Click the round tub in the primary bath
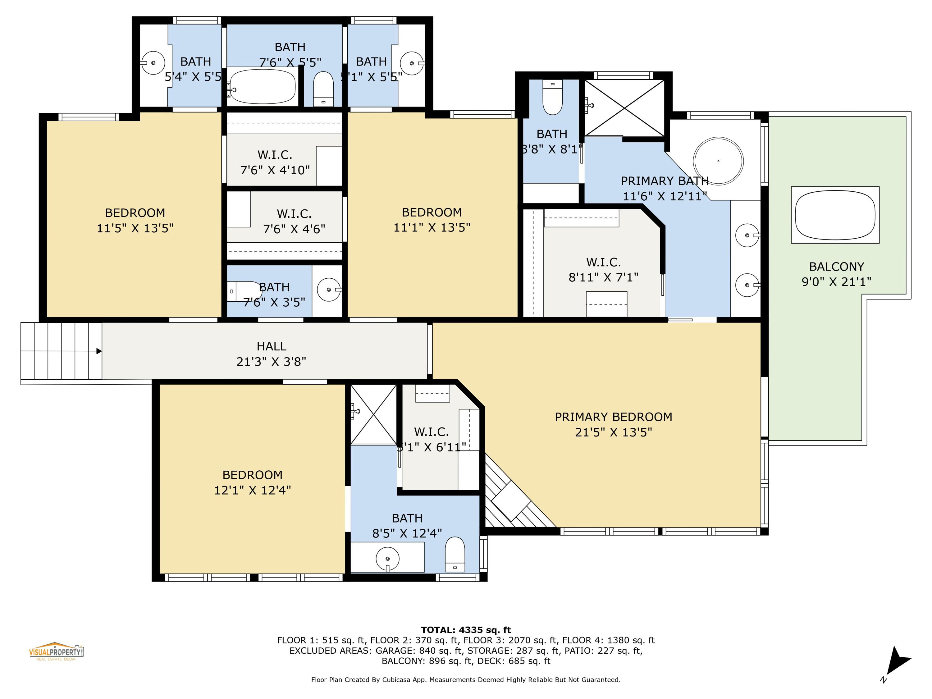click(x=718, y=161)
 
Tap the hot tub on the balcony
click(x=835, y=215)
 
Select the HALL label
click(x=271, y=346)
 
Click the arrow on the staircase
click(x=98, y=351)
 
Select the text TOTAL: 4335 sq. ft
click(x=466, y=630)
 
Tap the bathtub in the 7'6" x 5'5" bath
click(x=262, y=86)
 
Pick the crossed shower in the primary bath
click(x=624, y=108)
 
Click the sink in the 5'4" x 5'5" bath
click(x=153, y=63)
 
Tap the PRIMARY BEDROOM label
click(x=613, y=417)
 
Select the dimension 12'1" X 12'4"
click(x=252, y=490)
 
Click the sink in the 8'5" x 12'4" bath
click(x=387, y=559)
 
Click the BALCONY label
click(x=836, y=267)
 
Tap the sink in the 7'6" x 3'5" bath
click(x=328, y=290)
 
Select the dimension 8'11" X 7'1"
click(x=603, y=277)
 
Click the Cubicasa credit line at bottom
click(x=466, y=680)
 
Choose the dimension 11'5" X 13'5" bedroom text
click(x=135, y=228)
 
